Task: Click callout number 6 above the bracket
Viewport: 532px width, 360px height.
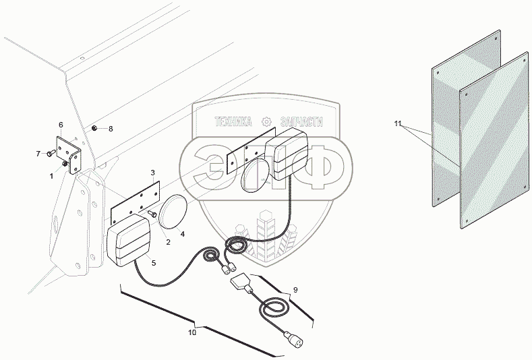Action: click(x=61, y=125)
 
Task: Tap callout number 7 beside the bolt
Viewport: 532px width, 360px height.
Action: click(x=38, y=154)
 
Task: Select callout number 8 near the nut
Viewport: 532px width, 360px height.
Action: click(x=111, y=128)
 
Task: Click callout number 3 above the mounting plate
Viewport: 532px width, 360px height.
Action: click(x=152, y=173)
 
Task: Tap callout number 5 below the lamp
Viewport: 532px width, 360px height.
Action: click(x=153, y=262)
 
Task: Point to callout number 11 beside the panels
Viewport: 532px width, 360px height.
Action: click(x=398, y=124)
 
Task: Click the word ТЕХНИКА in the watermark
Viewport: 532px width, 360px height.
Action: click(x=233, y=122)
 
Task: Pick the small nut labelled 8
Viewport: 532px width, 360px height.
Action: click(x=96, y=128)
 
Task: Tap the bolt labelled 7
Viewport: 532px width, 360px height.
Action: click(x=51, y=154)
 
